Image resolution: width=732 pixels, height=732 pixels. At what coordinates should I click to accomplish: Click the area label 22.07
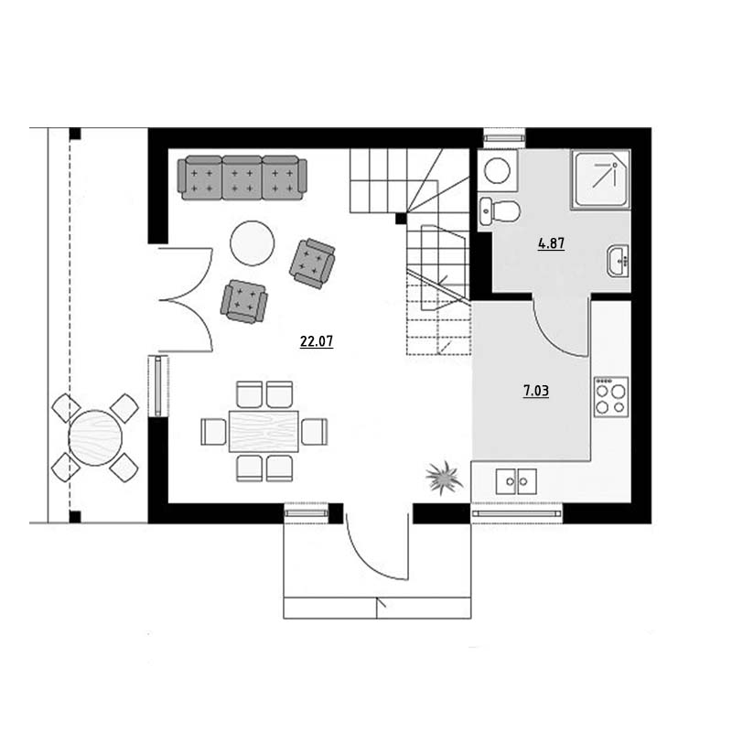317,341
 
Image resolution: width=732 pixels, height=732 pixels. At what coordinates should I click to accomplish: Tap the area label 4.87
552,243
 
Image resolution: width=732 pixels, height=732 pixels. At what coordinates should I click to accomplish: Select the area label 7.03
536,391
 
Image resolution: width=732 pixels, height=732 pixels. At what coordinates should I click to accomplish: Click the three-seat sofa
242,178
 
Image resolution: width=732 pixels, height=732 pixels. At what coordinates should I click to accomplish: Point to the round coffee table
253,243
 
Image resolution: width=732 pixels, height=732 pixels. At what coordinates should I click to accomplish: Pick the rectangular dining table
264,431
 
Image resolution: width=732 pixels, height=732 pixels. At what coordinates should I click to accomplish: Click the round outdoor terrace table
95,437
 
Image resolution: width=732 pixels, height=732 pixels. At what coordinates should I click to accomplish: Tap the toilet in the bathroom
500,212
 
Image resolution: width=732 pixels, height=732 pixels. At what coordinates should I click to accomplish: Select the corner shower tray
601,179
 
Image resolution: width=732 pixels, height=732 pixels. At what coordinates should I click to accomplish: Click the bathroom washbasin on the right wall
619,261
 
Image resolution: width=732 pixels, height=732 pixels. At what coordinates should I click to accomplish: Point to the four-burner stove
611,397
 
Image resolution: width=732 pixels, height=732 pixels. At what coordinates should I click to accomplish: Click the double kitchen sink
516,481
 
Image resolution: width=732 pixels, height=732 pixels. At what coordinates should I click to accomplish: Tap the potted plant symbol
444,478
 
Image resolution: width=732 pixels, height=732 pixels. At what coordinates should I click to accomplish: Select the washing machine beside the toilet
498,170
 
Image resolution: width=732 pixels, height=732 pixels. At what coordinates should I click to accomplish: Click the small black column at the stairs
401,218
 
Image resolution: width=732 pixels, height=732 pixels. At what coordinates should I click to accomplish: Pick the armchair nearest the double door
244,302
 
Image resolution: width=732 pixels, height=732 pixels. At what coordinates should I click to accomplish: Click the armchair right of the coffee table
312,264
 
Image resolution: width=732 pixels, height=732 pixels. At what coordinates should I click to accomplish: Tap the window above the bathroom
504,138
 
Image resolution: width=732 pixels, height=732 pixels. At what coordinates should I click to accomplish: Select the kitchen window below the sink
516,514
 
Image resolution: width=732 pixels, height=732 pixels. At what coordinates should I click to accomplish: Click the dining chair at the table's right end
314,431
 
